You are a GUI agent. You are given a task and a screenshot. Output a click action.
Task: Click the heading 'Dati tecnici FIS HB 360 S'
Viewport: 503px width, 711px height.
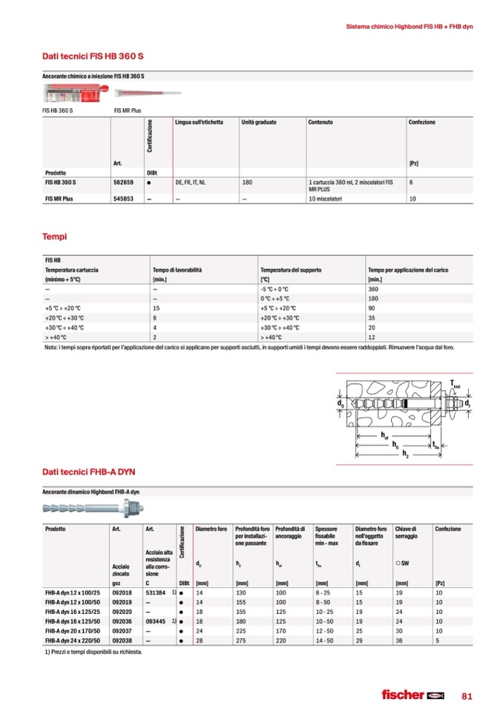coord(86,54)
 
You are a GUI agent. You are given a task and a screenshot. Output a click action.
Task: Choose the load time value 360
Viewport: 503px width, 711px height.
coord(373,289)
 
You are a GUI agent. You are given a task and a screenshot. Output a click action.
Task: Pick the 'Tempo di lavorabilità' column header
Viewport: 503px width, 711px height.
coord(177,271)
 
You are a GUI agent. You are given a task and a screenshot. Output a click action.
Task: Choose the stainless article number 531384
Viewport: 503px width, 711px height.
coord(157,593)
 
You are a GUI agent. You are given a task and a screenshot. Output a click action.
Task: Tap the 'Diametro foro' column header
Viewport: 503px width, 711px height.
coord(210,529)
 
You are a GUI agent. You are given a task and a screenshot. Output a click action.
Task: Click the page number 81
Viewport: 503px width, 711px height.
coord(467,695)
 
